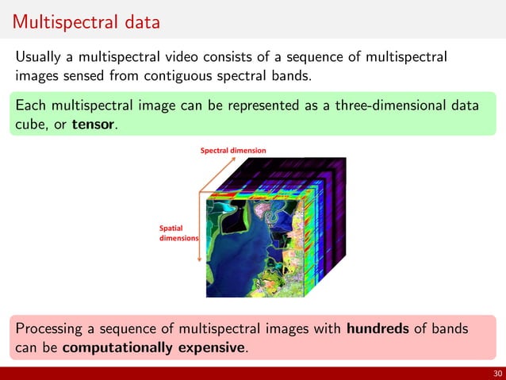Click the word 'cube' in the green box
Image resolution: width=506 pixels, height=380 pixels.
point(32,125)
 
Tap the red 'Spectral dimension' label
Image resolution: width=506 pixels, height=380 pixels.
point(232,150)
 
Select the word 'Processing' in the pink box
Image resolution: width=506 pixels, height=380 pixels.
point(52,328)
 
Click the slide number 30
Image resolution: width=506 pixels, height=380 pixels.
point(495,374)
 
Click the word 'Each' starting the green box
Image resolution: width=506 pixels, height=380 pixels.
point(31,106)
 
